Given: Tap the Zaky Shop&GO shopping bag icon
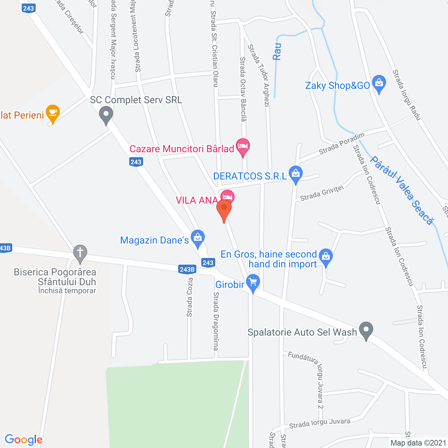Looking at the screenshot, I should pyautogui.click(x=379, y=84).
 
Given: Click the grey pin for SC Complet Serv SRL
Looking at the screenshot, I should pyautogui.click(x=106, y=115).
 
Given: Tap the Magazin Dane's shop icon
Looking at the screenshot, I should pyautogui.click(x=198, y=238).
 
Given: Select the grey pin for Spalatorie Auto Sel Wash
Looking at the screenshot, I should pyautogui.click(x=366, y=330).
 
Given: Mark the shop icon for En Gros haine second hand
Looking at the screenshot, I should pyautogui.click(x=326, y=257).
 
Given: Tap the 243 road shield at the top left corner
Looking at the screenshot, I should pyautogui.click(x=28, y=8).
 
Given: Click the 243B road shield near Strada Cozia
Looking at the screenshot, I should pyautogui.click(x=187, y=269).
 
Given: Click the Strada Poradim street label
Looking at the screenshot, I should pyautogui.click(x=342, y=143).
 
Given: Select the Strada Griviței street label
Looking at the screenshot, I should pyautogui.click(x=322, y=193).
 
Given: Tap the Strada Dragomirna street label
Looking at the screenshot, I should pyautogui.click(x=216, y=321).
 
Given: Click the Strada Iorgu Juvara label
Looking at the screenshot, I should pyautogui.click(x=320, y=423).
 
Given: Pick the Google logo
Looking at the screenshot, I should pyautogui.click(x=24, y=440).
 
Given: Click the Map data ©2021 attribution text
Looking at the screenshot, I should pyautogui.click(x=418, y=443).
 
